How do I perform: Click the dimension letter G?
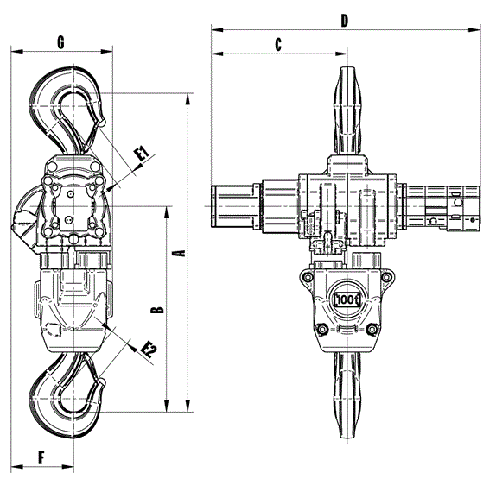pyautogui.click(x=60, y=42)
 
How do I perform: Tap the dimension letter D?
pyautogui.click(x=345, y=21)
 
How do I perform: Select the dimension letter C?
pyautogui.click(x=278, y=45)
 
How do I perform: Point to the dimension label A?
pyautogui.click(x=179, y=253)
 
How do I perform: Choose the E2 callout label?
pyautogui.click(x=149, y=350)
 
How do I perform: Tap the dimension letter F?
pyautogui.click(x=41, y=457)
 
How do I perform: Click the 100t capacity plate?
pyautogui.click(x=347, y=299)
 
